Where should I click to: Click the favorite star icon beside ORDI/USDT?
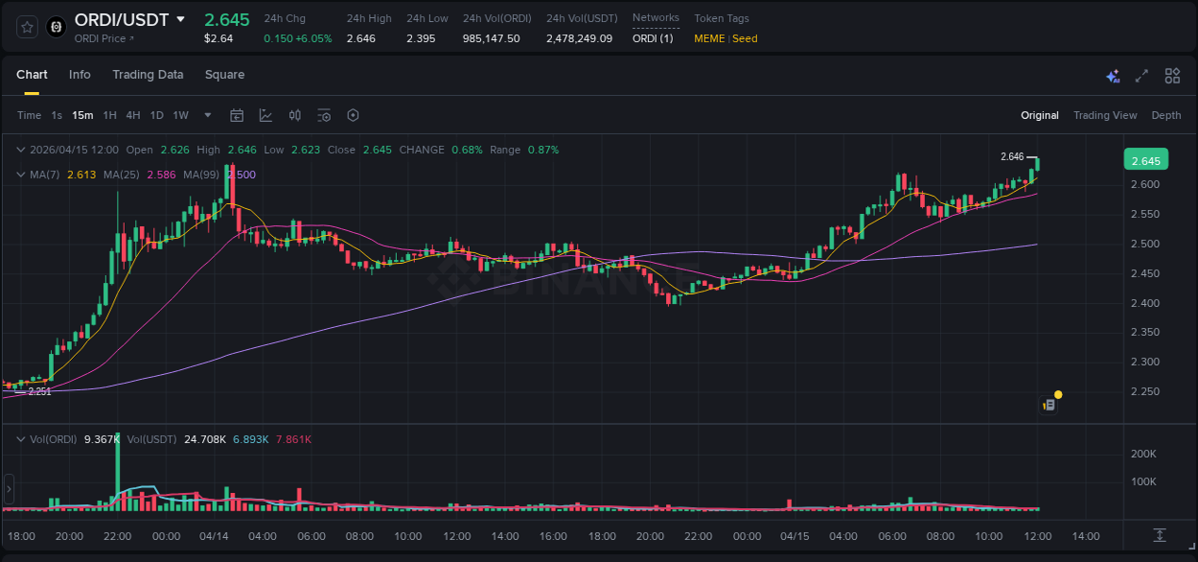click(x=28, y=27)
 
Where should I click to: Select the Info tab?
click(x=80, y=75)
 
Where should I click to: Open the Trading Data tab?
click(x=148, y=75)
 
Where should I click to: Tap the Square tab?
click(x=224, y=75)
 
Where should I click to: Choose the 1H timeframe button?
click(x=110, y=116)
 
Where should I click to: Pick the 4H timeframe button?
click(x=133, y=116)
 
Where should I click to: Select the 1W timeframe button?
click(x=180, y=116)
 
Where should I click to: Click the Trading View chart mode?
click(x=1105, y=116)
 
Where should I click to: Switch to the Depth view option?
click(x=1166, y=116)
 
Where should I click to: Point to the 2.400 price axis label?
click(x=1145, y=303)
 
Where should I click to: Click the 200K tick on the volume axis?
click(x=1143, y=454)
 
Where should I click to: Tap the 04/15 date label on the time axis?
click(x=795, y=535)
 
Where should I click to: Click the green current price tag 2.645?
click(x=1145, y=160)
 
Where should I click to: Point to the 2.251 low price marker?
click(x=39, y=391)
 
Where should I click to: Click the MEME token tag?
click(x=709, y=38)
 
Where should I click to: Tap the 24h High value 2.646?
click(x=361, y=38)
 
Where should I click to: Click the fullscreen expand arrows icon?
click(x=1141, y=76)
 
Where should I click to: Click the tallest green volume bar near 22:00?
click(x=118, y=470)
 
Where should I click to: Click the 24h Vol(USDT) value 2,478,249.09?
click(x=579, y=38)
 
